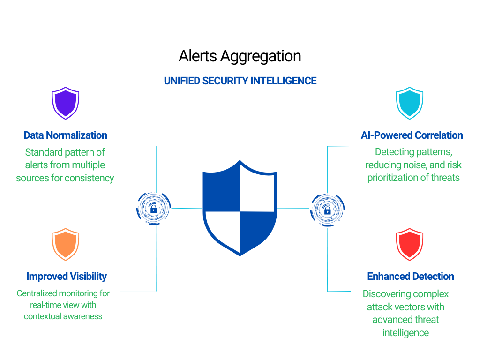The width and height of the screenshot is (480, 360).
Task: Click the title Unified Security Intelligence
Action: pos(240,81)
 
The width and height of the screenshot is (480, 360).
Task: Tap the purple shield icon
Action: pos(65,103)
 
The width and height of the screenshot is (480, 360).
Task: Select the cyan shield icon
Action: pos(410,103)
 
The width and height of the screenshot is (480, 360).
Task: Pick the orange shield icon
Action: pos(65,244)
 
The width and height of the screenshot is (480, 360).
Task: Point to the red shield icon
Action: pos(410,244)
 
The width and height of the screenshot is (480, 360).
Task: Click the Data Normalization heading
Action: pos(65,135)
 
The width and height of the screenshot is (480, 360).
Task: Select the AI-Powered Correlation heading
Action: pos(412,135)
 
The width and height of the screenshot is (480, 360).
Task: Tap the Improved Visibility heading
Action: pos(67,276)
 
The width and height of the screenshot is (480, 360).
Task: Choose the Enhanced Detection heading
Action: pos(411,276)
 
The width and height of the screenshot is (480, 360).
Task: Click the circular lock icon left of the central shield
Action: pos(154,209)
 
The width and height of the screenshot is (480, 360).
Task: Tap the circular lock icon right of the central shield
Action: pos(327,209)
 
